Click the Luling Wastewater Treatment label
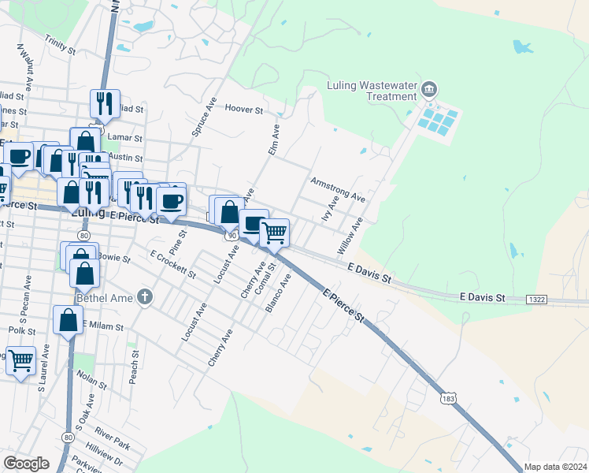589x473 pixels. pos(371,91)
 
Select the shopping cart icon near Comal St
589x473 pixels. pos(274,232)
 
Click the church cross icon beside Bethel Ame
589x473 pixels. pos(143,297)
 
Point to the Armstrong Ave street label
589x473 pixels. pos(338,188)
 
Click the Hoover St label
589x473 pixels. pos(243,110)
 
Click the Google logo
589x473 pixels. pos(27,464)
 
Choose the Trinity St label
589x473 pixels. pos(60,43)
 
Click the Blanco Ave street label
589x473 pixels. pos(279,293)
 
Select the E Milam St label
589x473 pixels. pos(103,326)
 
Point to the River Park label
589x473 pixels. pos(111,432)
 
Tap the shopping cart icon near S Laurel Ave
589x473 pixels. pos(20,360)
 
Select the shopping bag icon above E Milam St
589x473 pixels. pos(68,319)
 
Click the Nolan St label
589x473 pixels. pos(92,382)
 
